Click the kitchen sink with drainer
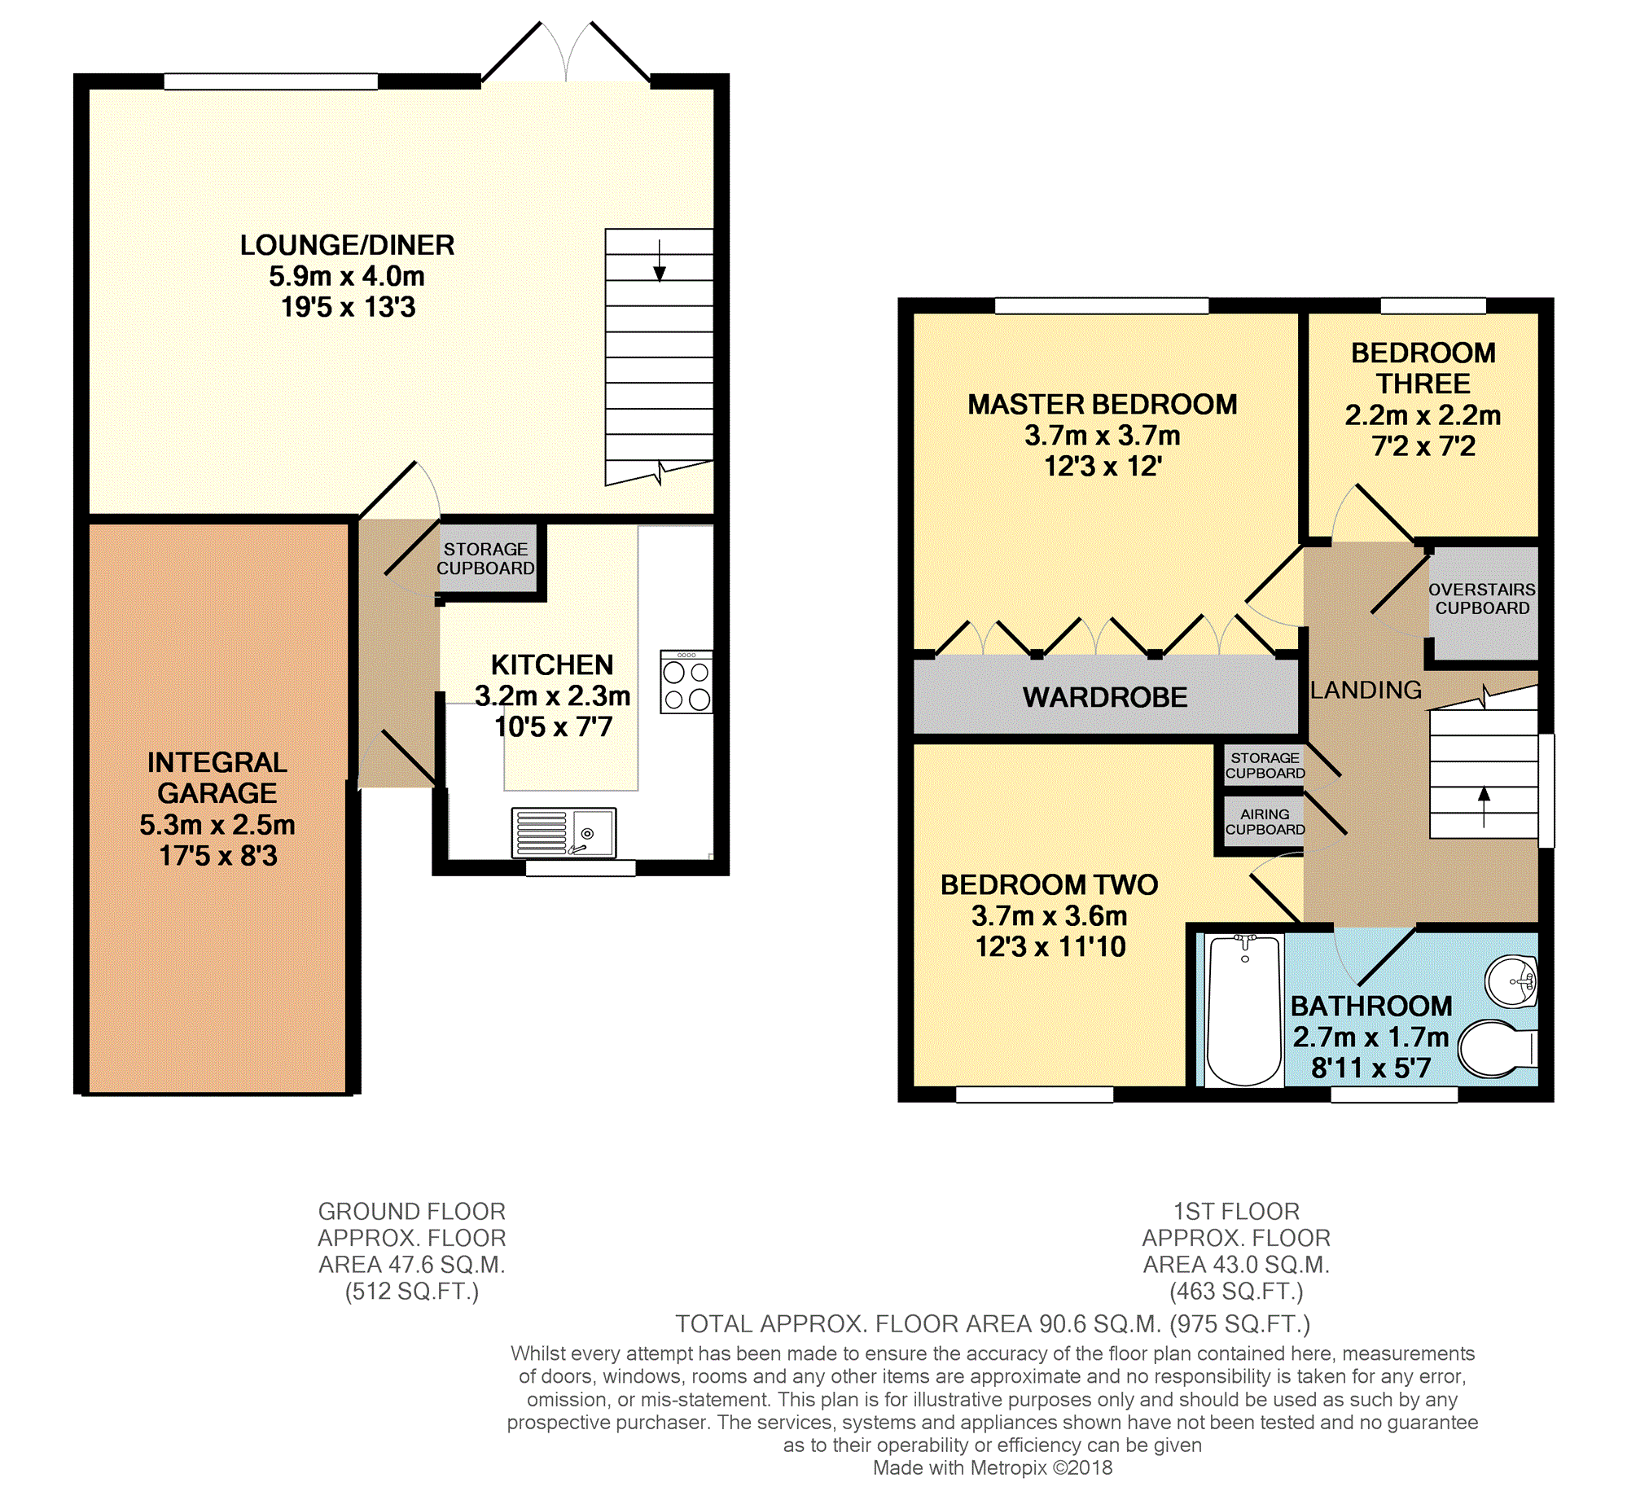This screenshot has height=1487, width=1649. point(563,832)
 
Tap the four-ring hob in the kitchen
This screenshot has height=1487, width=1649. point(686,682)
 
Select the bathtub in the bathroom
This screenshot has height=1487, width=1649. point(1243,1010)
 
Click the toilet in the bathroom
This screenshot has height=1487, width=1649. point(1498,1048)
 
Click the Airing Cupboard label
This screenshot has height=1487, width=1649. point(1265,822)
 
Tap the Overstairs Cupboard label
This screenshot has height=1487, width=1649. point(1481,599)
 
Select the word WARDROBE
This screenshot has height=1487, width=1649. point(1105,698)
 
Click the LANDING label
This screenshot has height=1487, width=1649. point(1366,691)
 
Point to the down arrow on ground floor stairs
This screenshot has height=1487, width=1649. point(660,261)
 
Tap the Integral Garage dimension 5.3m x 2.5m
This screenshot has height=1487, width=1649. point(217,825)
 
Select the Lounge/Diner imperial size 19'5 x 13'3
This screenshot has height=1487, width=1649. point(348,307)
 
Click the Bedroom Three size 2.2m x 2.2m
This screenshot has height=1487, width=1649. point(1423,416)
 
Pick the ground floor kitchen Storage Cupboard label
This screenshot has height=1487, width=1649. point(485,559)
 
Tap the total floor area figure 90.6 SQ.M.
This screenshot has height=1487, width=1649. point(1100,1324)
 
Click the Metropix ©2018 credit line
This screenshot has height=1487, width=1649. point(993,1468)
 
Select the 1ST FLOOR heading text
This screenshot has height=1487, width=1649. point(1236,1212)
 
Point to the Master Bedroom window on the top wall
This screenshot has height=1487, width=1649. point(1102,305)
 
